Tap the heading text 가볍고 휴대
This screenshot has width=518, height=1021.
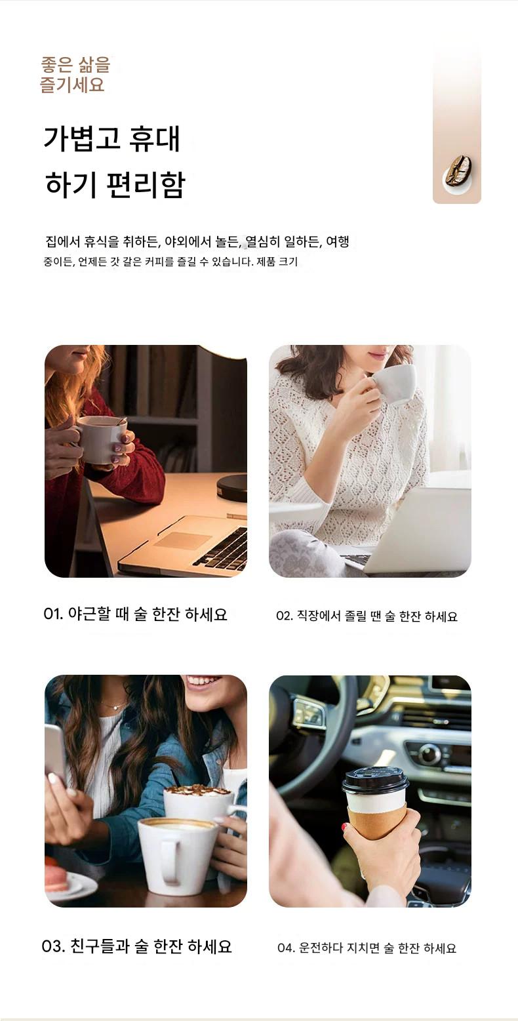[x=111, y=138]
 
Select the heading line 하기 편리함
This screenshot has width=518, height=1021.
[x=115, y=185]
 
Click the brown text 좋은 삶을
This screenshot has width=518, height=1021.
[x=75, y=64]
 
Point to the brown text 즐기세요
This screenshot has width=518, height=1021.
[x=72, y=85]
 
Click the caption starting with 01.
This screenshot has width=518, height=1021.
[x=135, y=614]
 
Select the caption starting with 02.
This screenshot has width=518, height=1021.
[x=367, y=616]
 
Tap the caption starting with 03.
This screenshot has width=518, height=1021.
[x=136, y=946]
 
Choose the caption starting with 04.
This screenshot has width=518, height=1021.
[x=367, y=948]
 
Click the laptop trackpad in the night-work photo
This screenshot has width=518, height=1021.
[x=183, y=540]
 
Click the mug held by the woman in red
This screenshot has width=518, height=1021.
[x=100, y=439]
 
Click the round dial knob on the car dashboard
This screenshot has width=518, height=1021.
[x=429, y=754]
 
